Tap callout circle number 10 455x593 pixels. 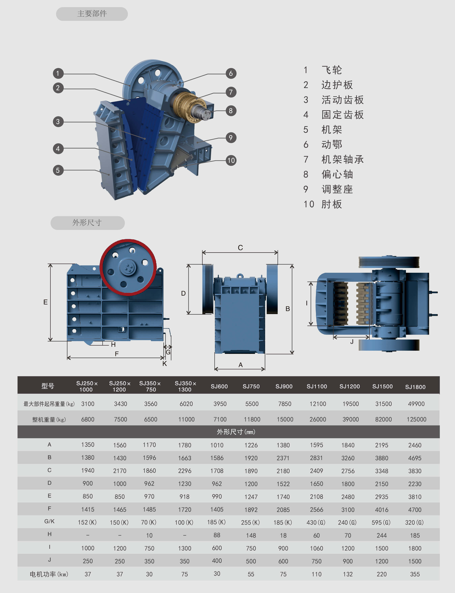(x=231, y=160)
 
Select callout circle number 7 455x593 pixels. (x=231, y=92)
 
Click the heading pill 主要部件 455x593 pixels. (x=92, y=14)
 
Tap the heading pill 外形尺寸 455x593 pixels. (x=87, y=223)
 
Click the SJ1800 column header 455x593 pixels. (x=415, y=387)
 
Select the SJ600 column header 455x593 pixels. (x=219, y=386)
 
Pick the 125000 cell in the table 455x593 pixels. (x=416, y=419)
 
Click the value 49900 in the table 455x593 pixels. (x=416, y=404)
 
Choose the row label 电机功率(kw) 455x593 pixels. (x=49, y=574)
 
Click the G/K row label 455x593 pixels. (x=49, y=521)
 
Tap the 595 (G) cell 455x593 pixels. (x=381, y=522)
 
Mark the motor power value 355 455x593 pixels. (x=415, y=574)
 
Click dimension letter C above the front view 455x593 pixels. (x=240, y=247)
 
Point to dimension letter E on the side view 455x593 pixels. (x=45, y=302)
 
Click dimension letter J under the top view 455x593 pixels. (x=352, y=342)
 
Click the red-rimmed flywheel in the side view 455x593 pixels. (x=128, y=267)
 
